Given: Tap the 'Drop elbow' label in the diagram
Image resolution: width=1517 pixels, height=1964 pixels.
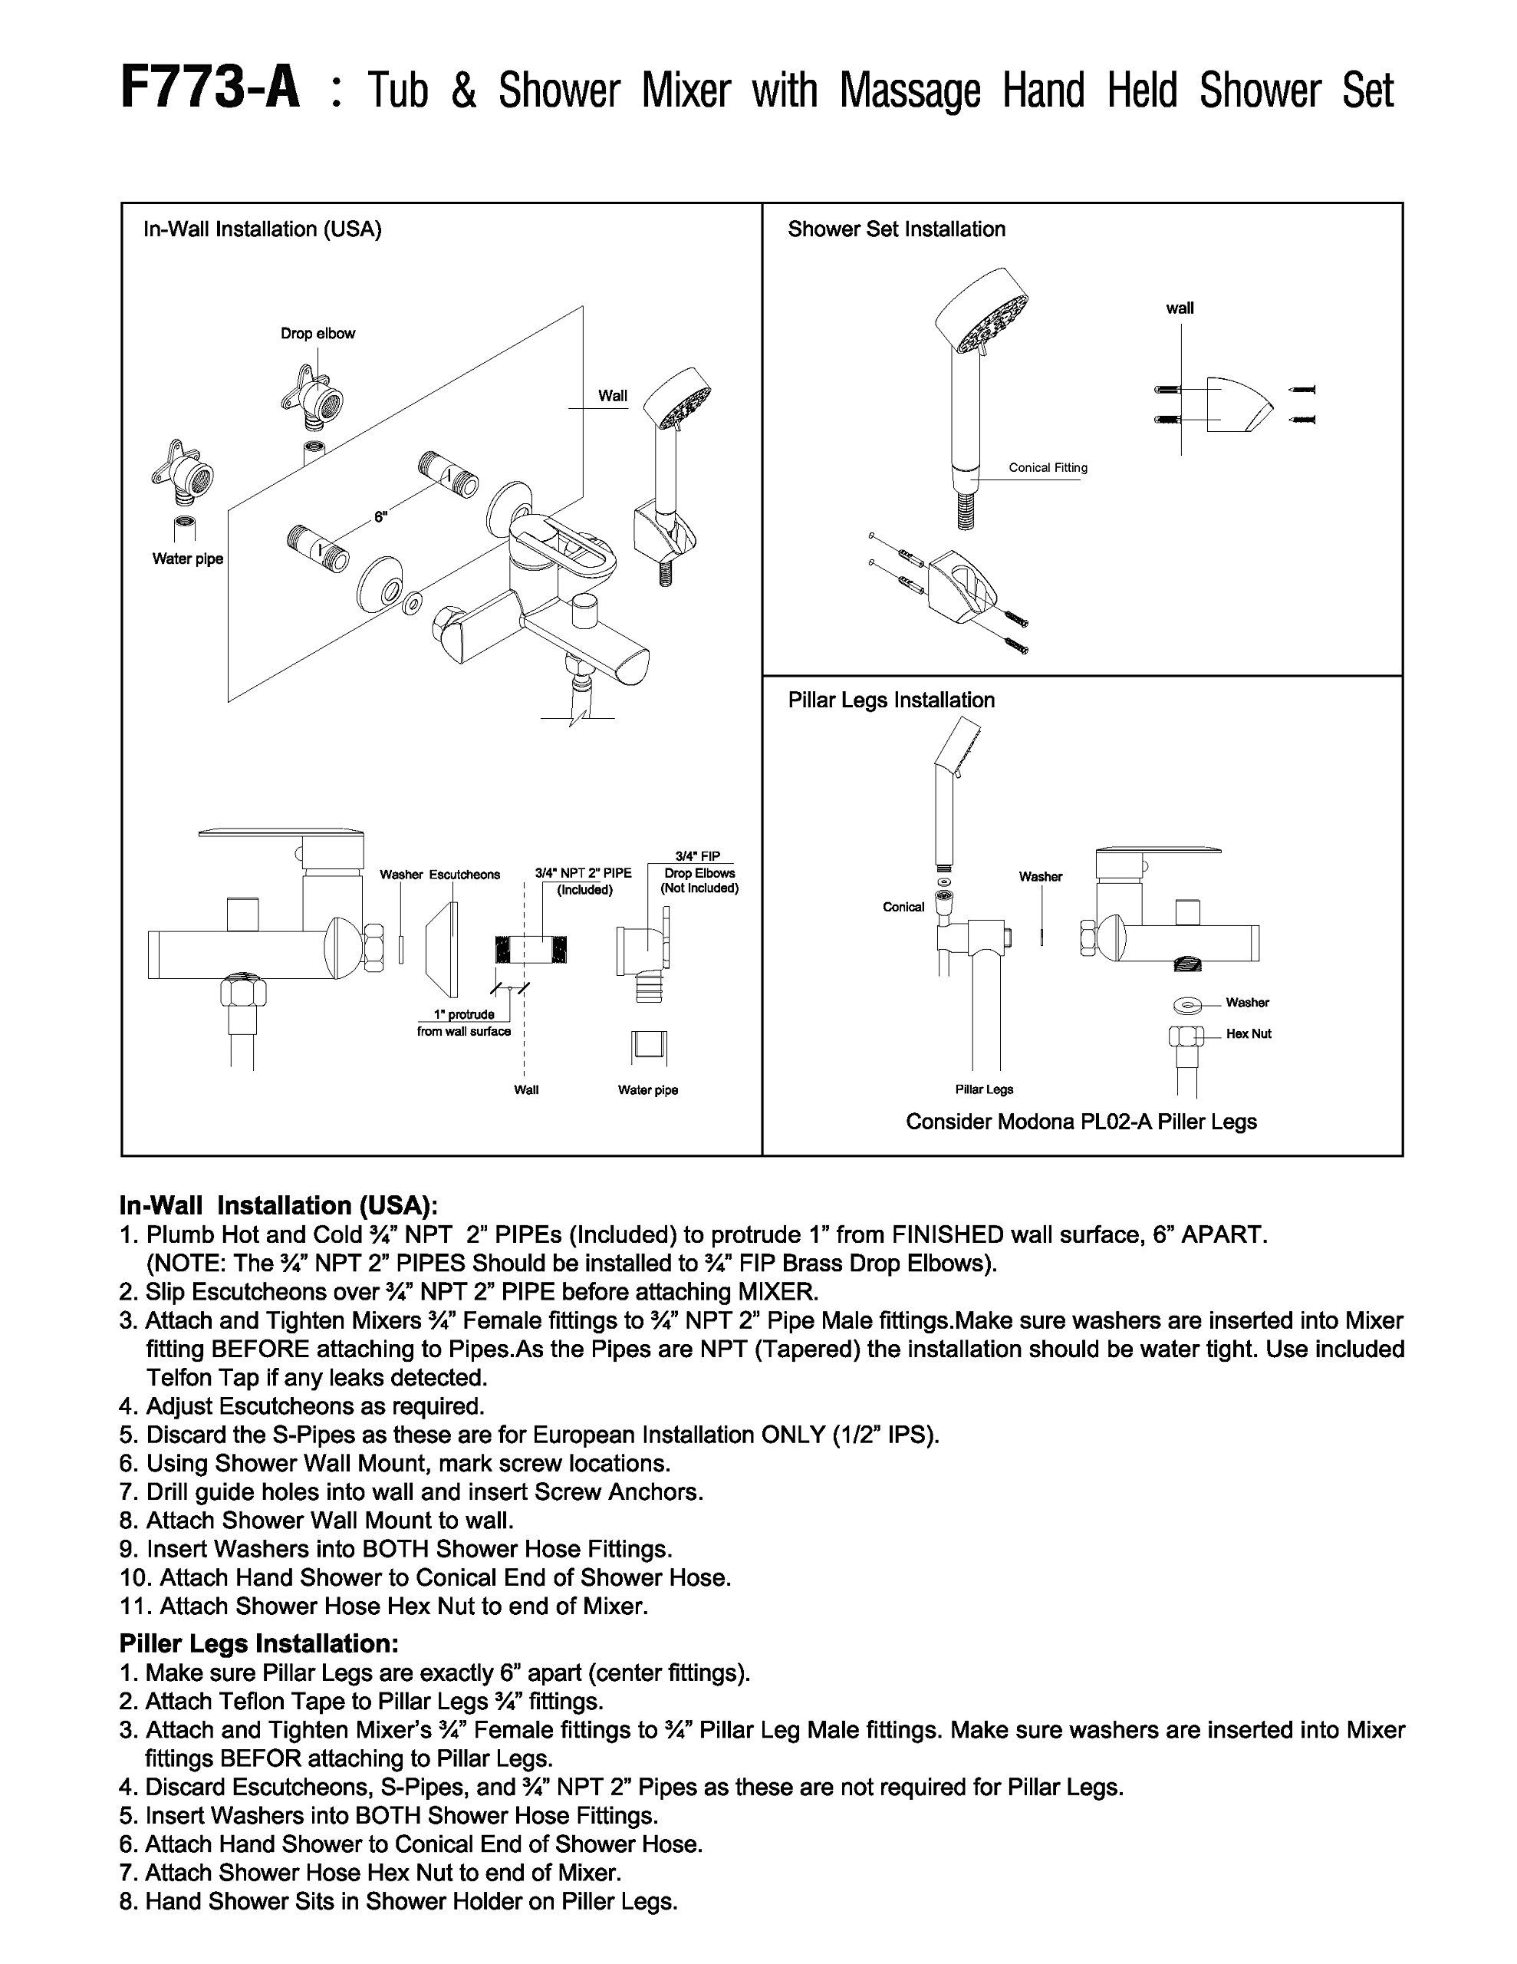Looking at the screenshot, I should click(318, 334).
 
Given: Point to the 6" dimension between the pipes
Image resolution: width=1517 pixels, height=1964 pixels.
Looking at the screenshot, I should click(380, 517).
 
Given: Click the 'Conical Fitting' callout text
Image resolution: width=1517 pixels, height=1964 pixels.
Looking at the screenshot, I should click(1048, 468).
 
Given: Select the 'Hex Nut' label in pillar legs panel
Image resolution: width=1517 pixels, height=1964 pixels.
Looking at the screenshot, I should click(1248, 1034).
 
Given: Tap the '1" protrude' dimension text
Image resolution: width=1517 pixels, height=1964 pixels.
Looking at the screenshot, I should click(464, 1014).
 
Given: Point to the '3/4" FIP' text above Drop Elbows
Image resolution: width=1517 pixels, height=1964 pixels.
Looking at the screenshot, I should click(698, 857).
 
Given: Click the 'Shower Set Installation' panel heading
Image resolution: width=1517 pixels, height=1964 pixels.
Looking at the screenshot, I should click(897, 229).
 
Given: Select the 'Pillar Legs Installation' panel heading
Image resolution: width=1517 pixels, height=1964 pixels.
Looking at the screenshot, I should click(891, 700).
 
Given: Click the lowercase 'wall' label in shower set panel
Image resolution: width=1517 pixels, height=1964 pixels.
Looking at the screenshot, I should click(1180, 308).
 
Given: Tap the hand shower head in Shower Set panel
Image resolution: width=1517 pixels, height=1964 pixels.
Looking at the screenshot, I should click(983, 310).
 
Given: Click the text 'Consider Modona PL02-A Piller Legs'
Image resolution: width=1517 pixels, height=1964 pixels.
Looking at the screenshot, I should click(1081, 1122).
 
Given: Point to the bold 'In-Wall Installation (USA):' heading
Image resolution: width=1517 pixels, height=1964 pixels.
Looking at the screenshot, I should click(278, 1205).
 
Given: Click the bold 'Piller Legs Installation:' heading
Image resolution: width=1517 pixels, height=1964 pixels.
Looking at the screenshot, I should click(259, 1643).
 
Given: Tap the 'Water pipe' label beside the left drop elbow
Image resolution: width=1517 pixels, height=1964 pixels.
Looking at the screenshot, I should click(187, 559).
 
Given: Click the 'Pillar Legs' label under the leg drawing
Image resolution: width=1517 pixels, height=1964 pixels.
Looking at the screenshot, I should click(984, 1090).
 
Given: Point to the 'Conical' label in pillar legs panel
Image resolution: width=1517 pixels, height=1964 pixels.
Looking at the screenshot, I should click(903, 907).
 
